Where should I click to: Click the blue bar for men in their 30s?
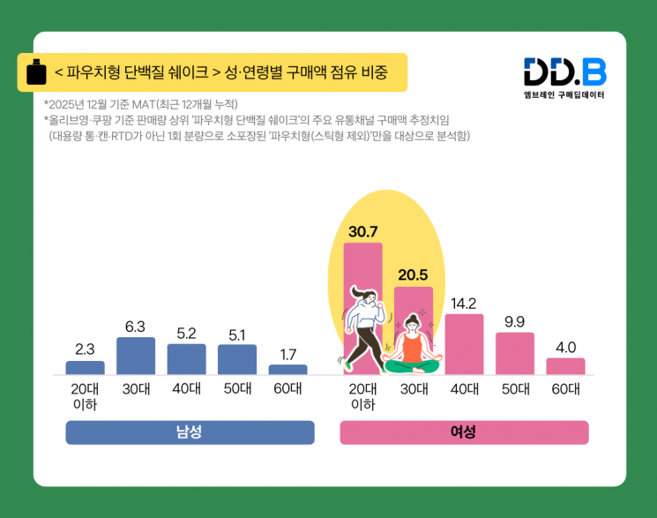tap(136, 356)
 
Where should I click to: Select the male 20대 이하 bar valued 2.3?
tap(85, 368)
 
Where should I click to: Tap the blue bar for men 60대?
tap(287, 370)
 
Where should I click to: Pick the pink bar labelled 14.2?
tap(464, 344)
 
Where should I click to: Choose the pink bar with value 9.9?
tap(515, 353)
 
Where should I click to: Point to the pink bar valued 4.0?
tap(565, 366)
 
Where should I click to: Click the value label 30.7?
tap(362, 232)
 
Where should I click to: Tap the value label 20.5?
tap(413, 274)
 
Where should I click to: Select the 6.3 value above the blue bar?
tap(135, 327)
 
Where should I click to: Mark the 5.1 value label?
tap(236, 334)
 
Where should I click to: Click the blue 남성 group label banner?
tap(190, 432)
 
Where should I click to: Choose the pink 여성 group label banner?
tap(464, 432)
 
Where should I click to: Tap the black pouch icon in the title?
tap(36, 72)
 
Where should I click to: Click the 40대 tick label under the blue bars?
tap(186, 388)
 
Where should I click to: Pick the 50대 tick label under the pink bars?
tap(515, 388)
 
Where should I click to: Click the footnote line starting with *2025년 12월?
tap(141, 104)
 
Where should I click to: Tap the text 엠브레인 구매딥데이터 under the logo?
tap(564, 94)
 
